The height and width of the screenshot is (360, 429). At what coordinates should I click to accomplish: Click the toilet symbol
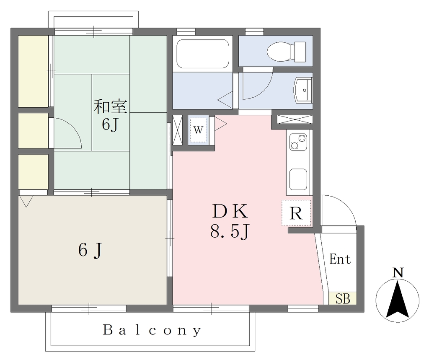pyautogui.click(x=286, y=52)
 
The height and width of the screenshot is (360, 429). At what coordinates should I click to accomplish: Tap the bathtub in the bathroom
pyautogui.click(x=203, y=54)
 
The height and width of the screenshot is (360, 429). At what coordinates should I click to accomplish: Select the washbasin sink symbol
pyautogui.click(x=303, y=90)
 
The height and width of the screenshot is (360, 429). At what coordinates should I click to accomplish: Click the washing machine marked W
pyautogui.click(x=198, y=130)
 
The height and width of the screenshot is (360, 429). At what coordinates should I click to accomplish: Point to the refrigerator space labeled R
pyautogui.click(x=296, y=213)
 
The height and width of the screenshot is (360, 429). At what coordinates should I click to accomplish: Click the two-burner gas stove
pyautogui.click(x=298, y=142)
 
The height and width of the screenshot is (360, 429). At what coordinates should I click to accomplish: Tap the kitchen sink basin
pyautogui.click(x=298, y=179)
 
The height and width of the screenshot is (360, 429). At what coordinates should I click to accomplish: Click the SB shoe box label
pyautogui.click(x=343, y=299)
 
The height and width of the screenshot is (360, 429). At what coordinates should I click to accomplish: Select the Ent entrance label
pyautogui.click(x=340, y=259)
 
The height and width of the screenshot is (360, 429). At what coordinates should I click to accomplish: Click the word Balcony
pyautogui.click(x=152, y=330)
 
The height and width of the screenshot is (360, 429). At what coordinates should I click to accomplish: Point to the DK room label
pyautogui.click(x=230, y=211)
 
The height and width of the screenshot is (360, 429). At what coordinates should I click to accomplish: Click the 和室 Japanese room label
pyautogui.click(x=111, y=106)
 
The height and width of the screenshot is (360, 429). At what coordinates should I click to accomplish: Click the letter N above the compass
pyautogui.click(x=398, y=273)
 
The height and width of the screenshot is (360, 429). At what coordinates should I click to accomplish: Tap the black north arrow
pyautogui.click(x=398, y=300)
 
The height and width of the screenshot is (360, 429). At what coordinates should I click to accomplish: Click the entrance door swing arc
pyautogui.click(x=345, y=204)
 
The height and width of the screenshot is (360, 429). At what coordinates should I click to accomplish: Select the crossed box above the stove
pyautogui.click(x=295, y=119)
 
